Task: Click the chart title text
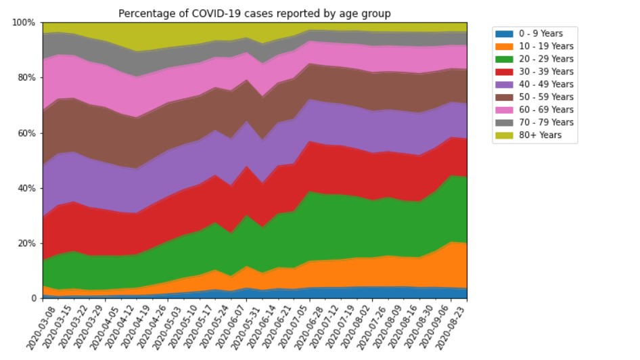click(254, 14)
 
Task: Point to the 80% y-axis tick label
click(25, 78)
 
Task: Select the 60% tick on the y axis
click(25, 133)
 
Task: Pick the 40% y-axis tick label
click(25, 188)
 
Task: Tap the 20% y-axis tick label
click(25, 244)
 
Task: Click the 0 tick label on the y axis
click(32, 298)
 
